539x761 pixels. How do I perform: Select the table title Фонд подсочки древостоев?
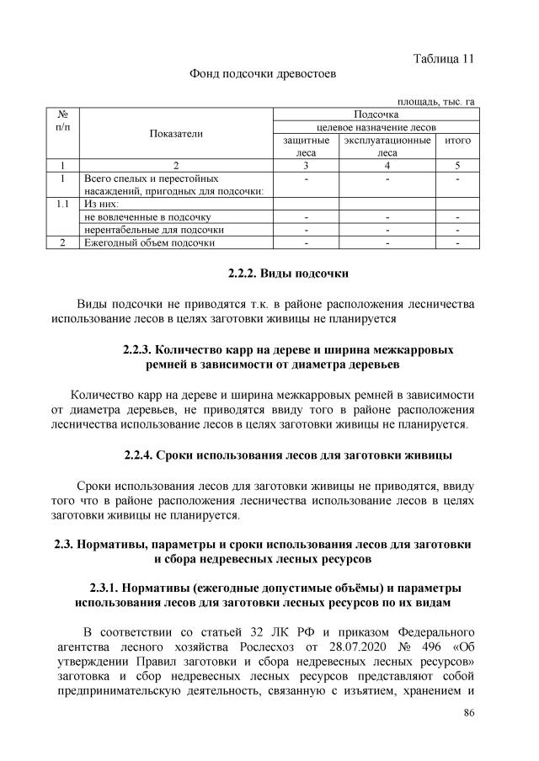pyautogui.click(x=263, y=74)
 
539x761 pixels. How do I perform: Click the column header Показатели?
pyautogui.click(x=176, y=133)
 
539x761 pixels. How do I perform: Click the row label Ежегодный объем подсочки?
pyautogui.click(x=147, y=242)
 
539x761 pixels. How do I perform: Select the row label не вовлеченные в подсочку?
pyautogui.click(x=147, y=216)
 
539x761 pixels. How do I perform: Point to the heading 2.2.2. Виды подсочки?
pyautogui.click(x=287, y=274)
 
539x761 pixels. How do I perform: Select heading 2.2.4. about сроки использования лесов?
pyautogui.click(x=287, y=455)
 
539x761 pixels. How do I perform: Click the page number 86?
pyautogui.click(x=469, y=714)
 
